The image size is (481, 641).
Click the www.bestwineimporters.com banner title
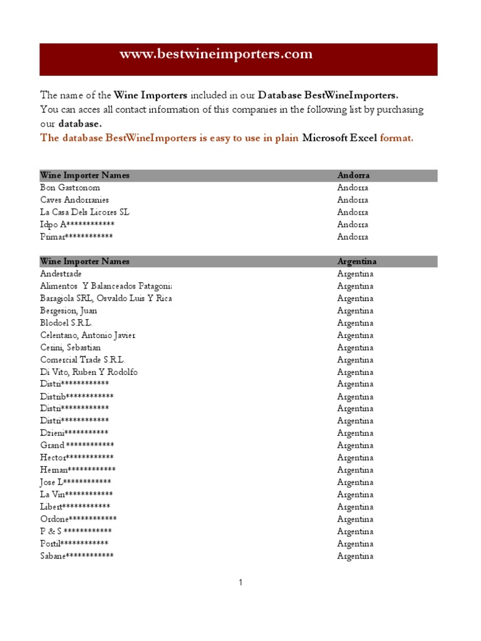[216, 54]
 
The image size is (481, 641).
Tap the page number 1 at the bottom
[240, 583]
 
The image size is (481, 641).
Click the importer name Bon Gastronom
[70, 188]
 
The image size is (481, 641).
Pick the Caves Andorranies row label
[75, 200]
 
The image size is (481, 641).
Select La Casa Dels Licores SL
[85, 212]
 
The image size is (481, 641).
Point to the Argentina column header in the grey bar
[356, 261]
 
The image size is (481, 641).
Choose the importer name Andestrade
[61, 274]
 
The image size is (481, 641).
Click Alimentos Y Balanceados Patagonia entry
[105, 286]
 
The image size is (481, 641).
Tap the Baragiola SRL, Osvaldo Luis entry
[105, 298]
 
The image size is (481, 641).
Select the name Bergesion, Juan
[69, 310]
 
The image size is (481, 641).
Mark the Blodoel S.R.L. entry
[66, 323]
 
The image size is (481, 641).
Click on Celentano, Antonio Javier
[88, 335]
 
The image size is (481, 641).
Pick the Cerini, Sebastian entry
[70, 347]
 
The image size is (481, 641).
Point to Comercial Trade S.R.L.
[83, 360]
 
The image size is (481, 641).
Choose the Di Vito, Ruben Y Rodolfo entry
[89, 372]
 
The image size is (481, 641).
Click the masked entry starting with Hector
[77, 458]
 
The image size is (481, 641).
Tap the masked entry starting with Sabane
[77, 556]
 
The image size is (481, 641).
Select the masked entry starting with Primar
[76, 237]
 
